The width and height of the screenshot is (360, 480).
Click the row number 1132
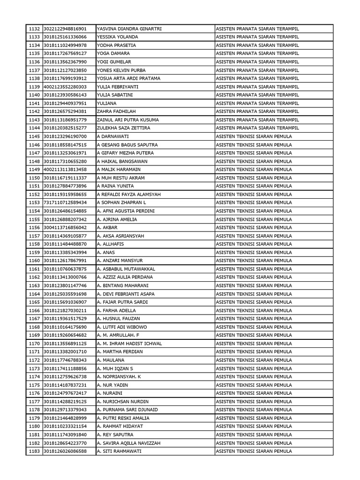34,29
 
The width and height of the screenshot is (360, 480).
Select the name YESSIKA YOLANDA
117,37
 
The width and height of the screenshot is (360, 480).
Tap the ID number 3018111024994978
65,45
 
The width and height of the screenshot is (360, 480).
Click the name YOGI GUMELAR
114,62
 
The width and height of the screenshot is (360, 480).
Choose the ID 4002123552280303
65,87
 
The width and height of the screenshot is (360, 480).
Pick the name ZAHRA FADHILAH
117,112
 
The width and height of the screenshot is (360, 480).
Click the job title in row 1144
257,128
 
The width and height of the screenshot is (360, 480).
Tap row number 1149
34,170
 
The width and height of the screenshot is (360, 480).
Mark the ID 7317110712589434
65,202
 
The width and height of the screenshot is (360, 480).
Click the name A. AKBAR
107,227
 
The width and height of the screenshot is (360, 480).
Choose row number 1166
34,310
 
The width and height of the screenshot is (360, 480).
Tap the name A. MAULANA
111,360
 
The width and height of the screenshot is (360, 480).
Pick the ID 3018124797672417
65,393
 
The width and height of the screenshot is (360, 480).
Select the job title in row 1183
254,451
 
